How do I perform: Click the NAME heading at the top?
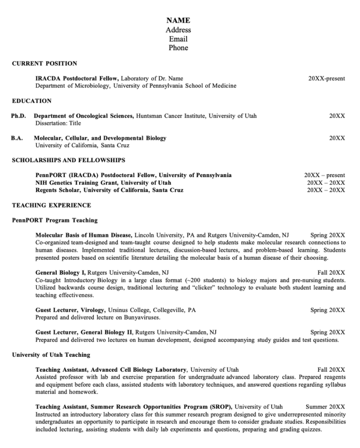[x=178, y=21]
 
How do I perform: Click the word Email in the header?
[x=178, y=39]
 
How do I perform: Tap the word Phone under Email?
[x=178, y=48]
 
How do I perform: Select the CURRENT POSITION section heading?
[x=45, y=64]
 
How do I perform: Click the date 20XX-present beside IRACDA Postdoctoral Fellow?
[x=327, y=78]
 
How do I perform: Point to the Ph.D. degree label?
[x=19, y=116]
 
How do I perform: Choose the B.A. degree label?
[x=17, y=138]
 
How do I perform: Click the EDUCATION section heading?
[x=32, y=101]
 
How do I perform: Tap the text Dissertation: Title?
[x=58, y=123]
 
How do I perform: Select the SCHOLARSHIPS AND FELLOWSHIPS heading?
[x=68, y=160]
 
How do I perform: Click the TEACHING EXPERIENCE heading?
[x=52, y=205]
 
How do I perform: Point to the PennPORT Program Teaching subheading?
[x=55, y=220]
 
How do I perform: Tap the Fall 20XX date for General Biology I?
[x=331, y=272]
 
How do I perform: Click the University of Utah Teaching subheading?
[x=51, y=355]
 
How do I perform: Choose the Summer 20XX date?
[x=325, y=407]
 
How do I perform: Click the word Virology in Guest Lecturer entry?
[x=93, y=310]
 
